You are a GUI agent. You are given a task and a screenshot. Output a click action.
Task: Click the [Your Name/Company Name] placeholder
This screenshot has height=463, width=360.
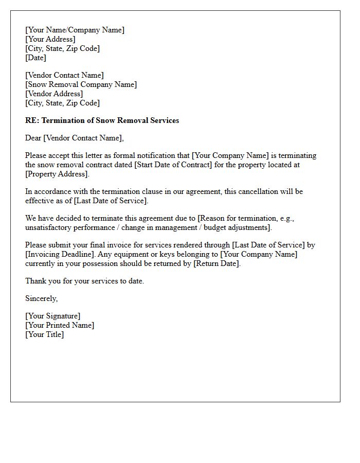pos(75,30)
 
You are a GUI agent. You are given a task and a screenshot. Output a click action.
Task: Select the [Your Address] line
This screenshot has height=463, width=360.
pos(50,39)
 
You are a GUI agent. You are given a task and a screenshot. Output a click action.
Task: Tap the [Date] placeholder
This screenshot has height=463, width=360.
pos(35,58)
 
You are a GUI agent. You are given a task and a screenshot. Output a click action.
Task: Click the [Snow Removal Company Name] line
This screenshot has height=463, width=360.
pos(81,84)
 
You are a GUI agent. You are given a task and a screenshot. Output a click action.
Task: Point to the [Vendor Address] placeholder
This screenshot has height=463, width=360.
pos(54,94)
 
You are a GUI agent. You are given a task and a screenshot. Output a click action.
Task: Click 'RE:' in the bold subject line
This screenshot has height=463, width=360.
pos(32,120)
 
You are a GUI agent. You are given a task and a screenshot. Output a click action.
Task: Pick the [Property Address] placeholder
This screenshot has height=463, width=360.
pos(57,174)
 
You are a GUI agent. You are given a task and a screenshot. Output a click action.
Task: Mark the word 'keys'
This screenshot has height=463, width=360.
pos(117,254)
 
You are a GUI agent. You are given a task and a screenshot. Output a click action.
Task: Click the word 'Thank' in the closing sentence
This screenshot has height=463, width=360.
pos(35,281)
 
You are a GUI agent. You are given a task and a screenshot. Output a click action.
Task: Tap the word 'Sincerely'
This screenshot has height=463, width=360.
pos(41,298)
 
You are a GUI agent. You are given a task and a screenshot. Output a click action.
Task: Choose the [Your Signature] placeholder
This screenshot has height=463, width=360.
pos(52,316)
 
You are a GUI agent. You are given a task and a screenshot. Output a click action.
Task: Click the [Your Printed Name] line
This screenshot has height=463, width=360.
pos(60,325)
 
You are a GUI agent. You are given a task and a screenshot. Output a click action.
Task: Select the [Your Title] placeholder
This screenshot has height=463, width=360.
pos(44,334)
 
